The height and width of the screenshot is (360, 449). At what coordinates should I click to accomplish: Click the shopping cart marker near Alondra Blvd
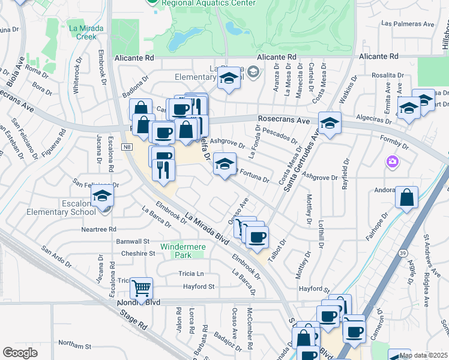coord(141,288)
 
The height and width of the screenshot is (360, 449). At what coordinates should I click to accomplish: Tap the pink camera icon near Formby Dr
coord(393,161)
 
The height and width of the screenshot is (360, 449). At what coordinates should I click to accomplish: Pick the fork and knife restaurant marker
coord(163,170)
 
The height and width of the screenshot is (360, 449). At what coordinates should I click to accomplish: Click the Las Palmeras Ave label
coord(408,24)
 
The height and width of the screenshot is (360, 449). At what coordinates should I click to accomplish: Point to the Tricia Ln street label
coord(191,274)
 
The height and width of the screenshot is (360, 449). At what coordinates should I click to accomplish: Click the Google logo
coord(20,353)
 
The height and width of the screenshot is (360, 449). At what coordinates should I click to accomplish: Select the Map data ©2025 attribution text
coord(423,355)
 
